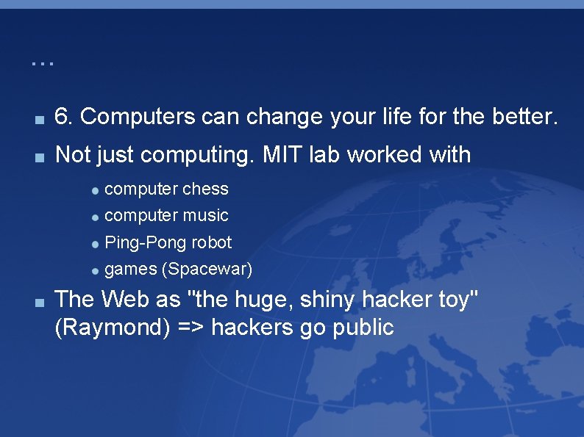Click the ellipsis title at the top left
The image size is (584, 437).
(x=43, y=62)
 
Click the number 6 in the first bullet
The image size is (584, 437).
(x=63, y=117)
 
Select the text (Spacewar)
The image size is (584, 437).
(x=207, y=270)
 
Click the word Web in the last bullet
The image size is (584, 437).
(x=122, y=300)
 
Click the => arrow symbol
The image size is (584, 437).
(x=190, y=328)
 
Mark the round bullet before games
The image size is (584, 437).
(x=96, y=270)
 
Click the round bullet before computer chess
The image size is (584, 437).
(x=96, y=189)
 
